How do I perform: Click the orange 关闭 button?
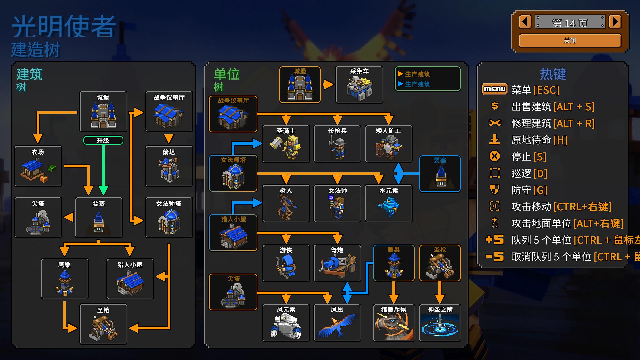pos(570,41)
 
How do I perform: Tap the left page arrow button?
pos(525,22)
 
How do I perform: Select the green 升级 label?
pos(103,140)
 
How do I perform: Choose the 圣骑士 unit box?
pos(286,144)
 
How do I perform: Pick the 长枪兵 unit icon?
pos(337,147)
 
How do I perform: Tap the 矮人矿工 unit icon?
pos(389,147)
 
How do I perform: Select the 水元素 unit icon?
pos(389,206)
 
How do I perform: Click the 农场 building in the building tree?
pos(38,168)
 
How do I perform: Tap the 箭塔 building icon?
pos(169,168)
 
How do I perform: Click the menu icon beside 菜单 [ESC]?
pos(495,89)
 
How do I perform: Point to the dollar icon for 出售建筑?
pos(495,106)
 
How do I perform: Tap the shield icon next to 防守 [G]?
pos(495,190)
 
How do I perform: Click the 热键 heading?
pos(553,74)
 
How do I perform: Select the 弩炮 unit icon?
pos(337,266)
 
